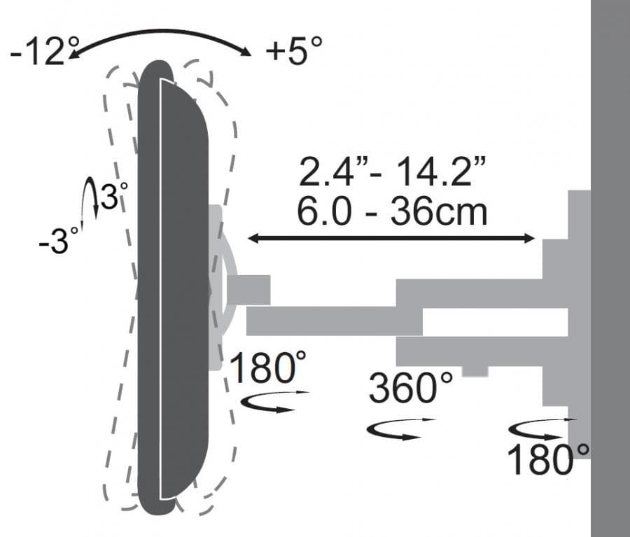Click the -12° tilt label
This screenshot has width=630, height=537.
38,53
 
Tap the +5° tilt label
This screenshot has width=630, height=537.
294,51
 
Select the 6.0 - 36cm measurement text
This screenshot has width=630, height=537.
391,211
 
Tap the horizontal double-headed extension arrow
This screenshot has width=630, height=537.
391,239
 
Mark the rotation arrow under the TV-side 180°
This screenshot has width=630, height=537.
274,403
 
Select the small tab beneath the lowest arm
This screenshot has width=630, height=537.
475,371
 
